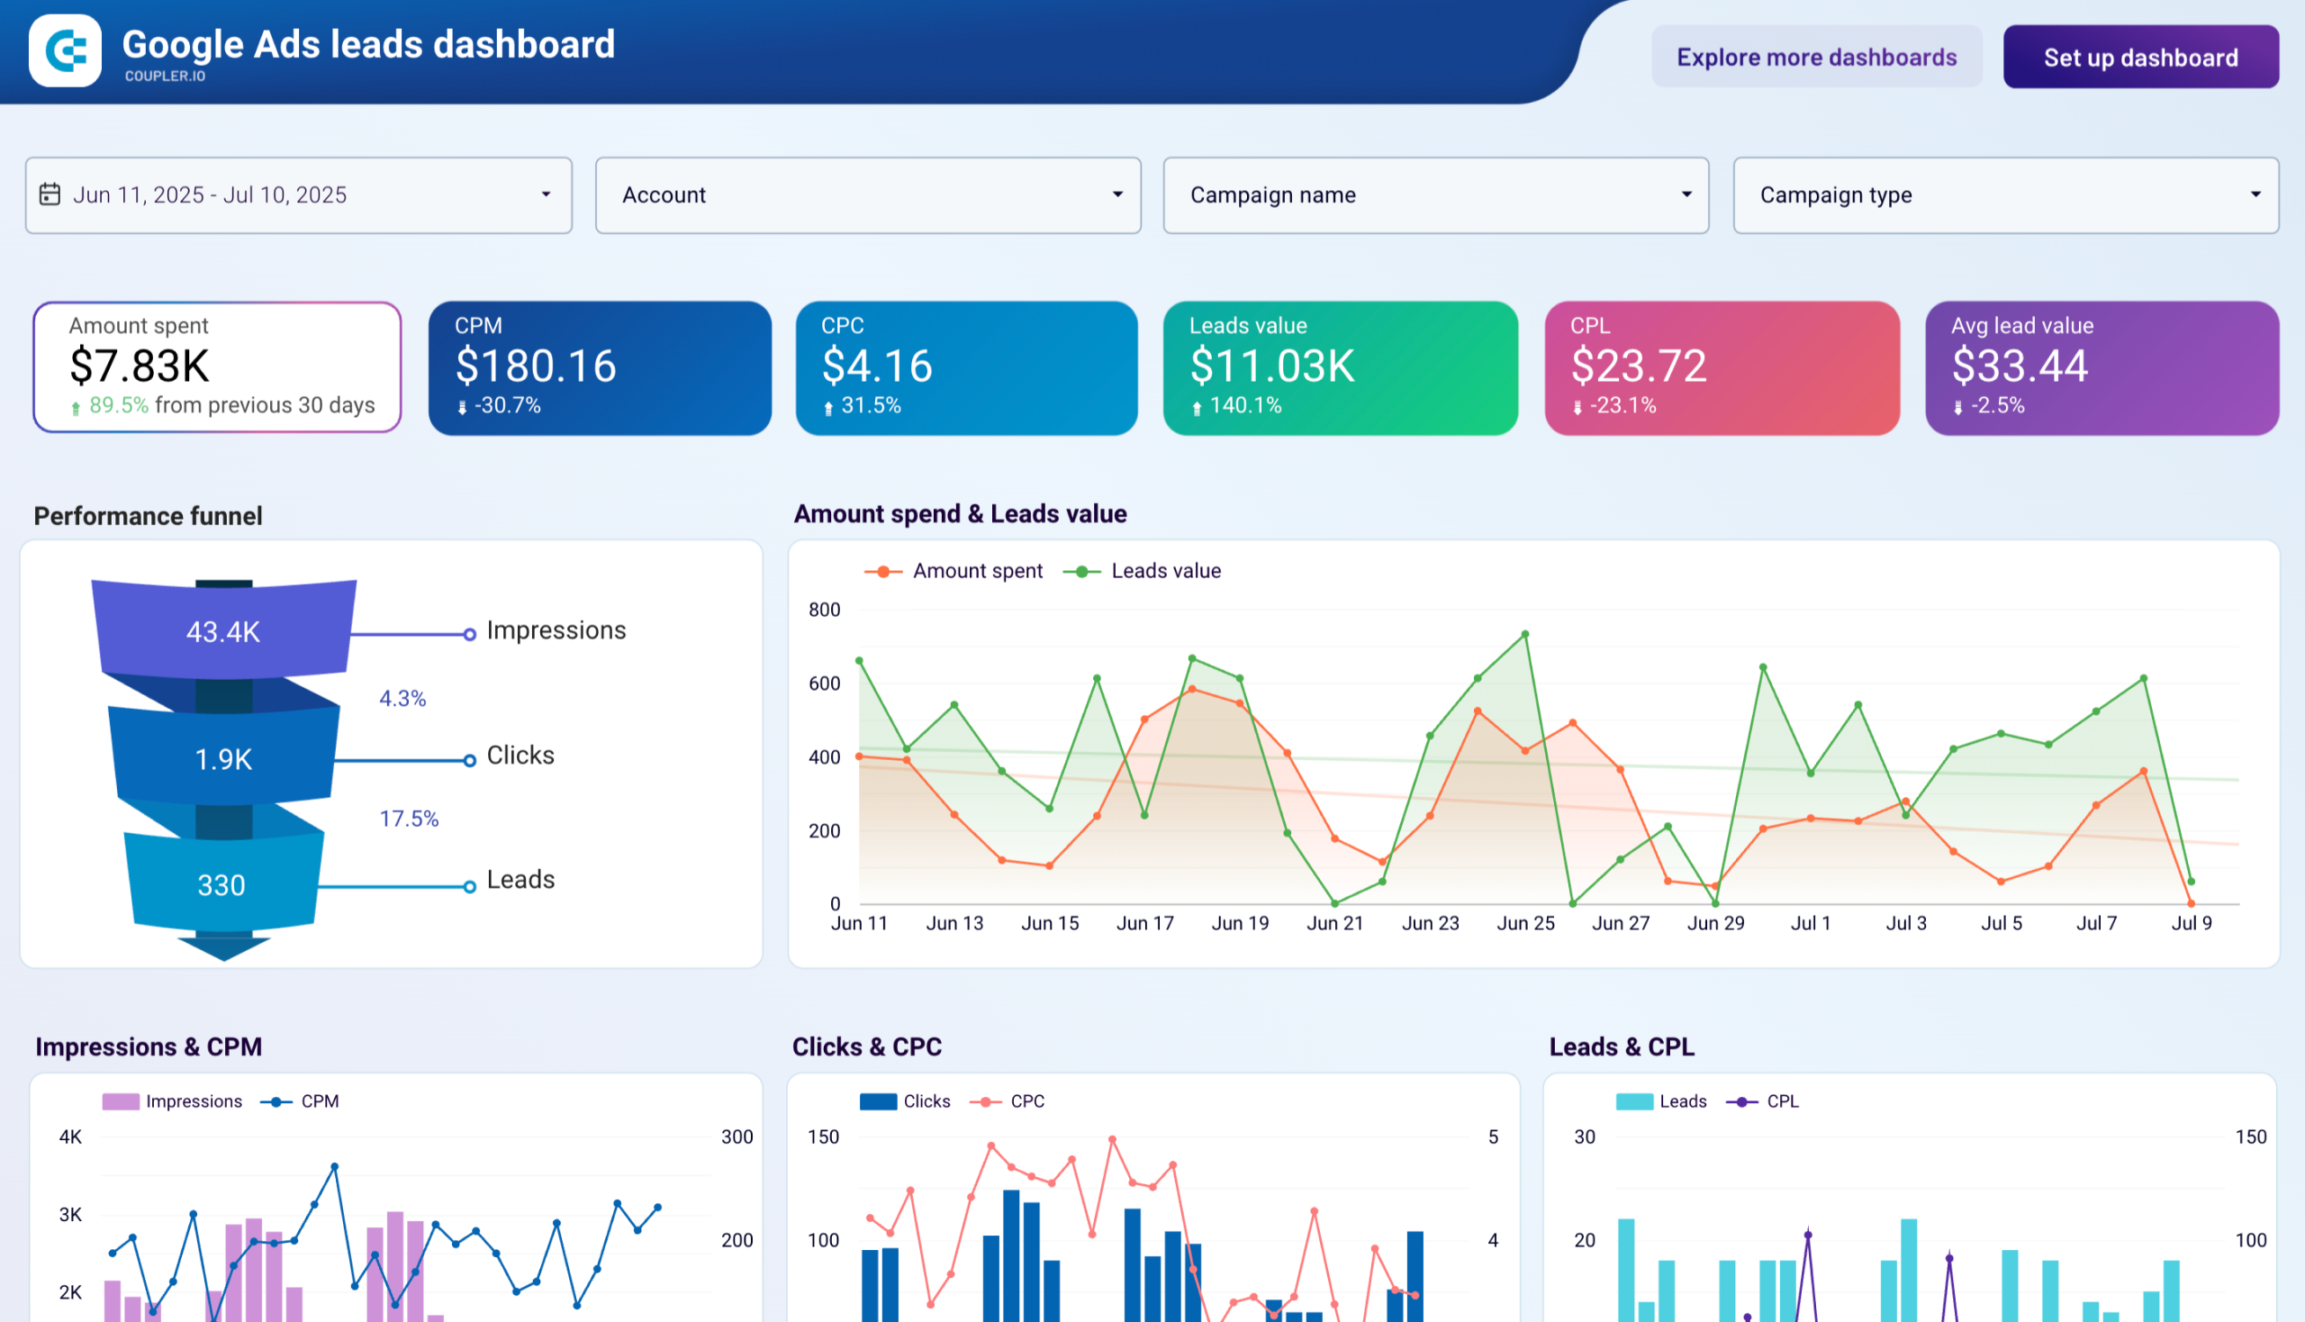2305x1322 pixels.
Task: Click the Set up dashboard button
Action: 2139,58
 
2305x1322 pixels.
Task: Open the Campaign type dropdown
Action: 2004,195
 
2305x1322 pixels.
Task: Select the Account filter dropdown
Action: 867,195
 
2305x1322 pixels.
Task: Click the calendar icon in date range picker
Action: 50,195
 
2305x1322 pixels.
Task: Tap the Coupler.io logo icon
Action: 66,50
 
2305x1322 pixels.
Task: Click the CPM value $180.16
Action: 536,366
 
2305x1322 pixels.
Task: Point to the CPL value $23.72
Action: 1638,366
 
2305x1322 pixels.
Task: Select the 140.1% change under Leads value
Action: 1244,406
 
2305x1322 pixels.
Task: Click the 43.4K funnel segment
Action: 223,631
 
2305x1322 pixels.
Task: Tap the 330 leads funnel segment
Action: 221,884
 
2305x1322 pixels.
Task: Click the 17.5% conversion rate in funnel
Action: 409,818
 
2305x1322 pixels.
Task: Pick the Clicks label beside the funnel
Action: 520,755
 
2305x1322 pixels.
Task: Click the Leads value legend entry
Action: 1165,571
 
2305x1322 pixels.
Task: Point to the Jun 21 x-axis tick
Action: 1334,923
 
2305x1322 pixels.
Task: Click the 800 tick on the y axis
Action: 825,611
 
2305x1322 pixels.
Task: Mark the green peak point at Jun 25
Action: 1525,634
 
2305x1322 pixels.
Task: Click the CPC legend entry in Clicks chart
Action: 1026,1101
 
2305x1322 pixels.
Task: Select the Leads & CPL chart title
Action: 1622,1047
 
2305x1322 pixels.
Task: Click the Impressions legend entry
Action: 194,1101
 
